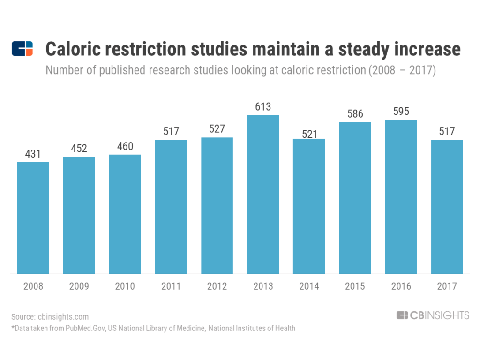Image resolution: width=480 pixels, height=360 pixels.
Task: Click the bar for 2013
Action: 263,194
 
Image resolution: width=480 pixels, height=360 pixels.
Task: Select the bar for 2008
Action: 33,217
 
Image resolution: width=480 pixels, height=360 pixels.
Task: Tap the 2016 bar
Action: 401,196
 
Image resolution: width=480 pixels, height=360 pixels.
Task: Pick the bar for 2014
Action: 309,206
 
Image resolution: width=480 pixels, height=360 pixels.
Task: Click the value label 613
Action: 263,107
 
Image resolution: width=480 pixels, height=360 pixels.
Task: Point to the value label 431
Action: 33,154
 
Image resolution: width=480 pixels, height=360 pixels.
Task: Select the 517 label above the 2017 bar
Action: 447,132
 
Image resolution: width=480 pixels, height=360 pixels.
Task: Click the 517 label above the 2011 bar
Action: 171,132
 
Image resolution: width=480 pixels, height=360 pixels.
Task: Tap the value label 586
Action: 355,114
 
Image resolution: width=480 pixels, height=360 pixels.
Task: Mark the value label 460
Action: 125,146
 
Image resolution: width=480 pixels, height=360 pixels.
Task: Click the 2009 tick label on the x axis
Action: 79,286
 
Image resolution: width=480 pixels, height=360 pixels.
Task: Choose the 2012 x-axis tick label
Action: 217,286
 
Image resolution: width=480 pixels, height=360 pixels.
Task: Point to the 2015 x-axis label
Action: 355,286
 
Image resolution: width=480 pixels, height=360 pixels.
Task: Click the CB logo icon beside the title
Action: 22,49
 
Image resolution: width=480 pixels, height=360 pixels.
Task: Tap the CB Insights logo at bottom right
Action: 432,315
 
